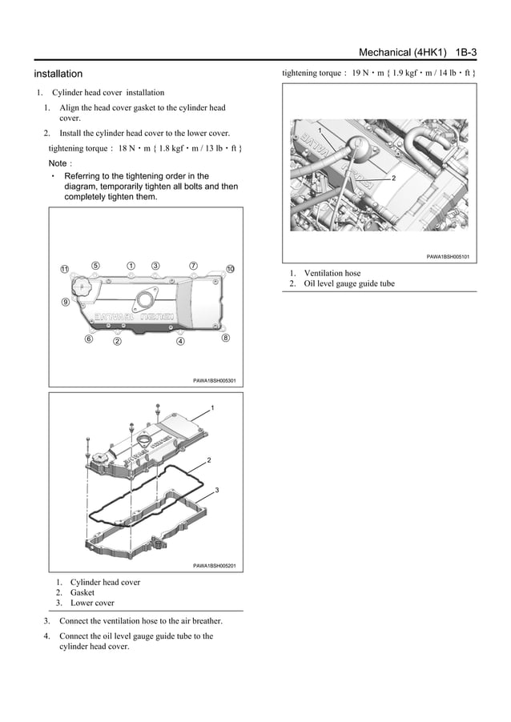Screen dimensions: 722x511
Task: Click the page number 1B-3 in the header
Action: [x=466, y=52]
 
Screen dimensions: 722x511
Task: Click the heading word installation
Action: [x=58, y=74]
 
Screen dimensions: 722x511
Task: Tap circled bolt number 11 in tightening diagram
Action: [x=65, y=268]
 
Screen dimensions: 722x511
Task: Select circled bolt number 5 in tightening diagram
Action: [x=95, y=266]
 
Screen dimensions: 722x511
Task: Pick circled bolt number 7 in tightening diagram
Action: [x=193, y=266]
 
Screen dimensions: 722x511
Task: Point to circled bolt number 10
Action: [x=230, y=268]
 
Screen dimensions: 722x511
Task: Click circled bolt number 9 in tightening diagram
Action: [x=65, y=302]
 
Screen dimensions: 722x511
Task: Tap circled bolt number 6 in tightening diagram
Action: [x=89, y=339]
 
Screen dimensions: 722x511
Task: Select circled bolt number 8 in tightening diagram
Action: [x=226, y=339]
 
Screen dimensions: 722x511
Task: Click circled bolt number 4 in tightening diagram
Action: [x=180, y=342]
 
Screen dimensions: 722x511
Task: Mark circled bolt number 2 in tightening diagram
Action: [x=117, y=342]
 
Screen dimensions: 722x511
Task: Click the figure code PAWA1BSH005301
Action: [x=214, y=380]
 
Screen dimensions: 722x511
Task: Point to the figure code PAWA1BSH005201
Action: [x=214, y=566]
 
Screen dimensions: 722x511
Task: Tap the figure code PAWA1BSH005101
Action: [x=448, y=257]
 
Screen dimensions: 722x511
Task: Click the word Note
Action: [x=58, y=163]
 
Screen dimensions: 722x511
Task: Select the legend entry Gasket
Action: [x=82, y=593]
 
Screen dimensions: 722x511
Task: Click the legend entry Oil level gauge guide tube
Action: [x=349, y=283]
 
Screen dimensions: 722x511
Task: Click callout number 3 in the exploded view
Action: [x=217, y=490]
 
